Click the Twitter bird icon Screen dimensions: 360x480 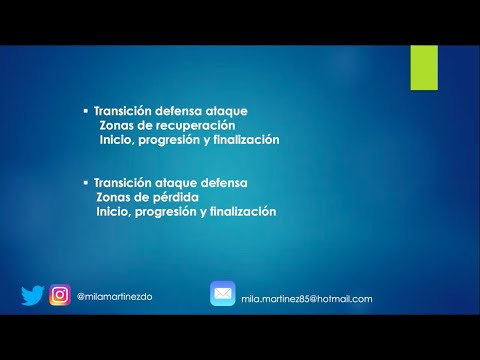pyautogui.click(x=33, y=296)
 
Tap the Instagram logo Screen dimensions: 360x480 pyautogui.click(x=60, y=296)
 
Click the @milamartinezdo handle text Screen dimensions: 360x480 pyautogui.click(x=114, y=296)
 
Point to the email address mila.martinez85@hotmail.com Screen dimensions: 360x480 pyautogui.click(x=306, y=298)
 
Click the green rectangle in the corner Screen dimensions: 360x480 pyautogui.click(x=423, y=66)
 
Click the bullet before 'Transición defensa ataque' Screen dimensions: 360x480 pyautogui.click(x=85, y=111)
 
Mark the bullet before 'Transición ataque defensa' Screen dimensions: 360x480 pyautogui.click(x=85, y=183)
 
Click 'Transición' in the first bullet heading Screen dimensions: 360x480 pyautogui.click(x=123, y=111)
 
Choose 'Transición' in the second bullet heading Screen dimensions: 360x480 pyautogui.click(x=123, y=183)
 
